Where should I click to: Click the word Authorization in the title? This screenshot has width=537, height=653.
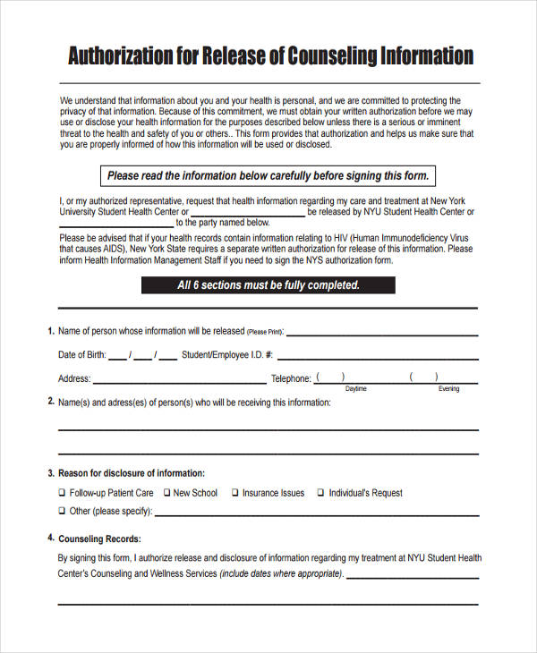(x=124, y=56)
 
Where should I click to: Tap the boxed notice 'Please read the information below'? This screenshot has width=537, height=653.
(x=268, y=175)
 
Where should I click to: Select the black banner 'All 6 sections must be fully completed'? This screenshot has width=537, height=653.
(x=268, y=285)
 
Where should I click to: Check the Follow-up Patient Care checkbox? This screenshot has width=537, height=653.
(x=62, y=493)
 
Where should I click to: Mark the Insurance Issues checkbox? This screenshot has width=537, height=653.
(x=234, y=493)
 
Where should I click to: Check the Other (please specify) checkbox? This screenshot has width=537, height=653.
(x=62, y=512)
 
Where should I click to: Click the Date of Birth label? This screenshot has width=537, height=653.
(x=81, y=355)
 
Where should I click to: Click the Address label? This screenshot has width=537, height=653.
(x=73, y=378)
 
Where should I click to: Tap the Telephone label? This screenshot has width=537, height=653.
(x=291, y=378)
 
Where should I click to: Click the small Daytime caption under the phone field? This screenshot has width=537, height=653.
(x=356, y=389)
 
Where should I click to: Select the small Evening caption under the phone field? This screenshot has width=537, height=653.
(x=448, y=389)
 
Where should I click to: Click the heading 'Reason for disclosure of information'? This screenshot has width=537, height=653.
(x=132, y=472)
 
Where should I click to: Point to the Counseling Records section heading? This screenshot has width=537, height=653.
(x=99, y=539)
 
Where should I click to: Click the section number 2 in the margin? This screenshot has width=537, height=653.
(x=50, y=402)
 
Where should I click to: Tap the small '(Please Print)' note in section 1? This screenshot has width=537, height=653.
(x=264, y=332)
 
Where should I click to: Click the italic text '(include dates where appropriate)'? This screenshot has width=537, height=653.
(x=281, y=573)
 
